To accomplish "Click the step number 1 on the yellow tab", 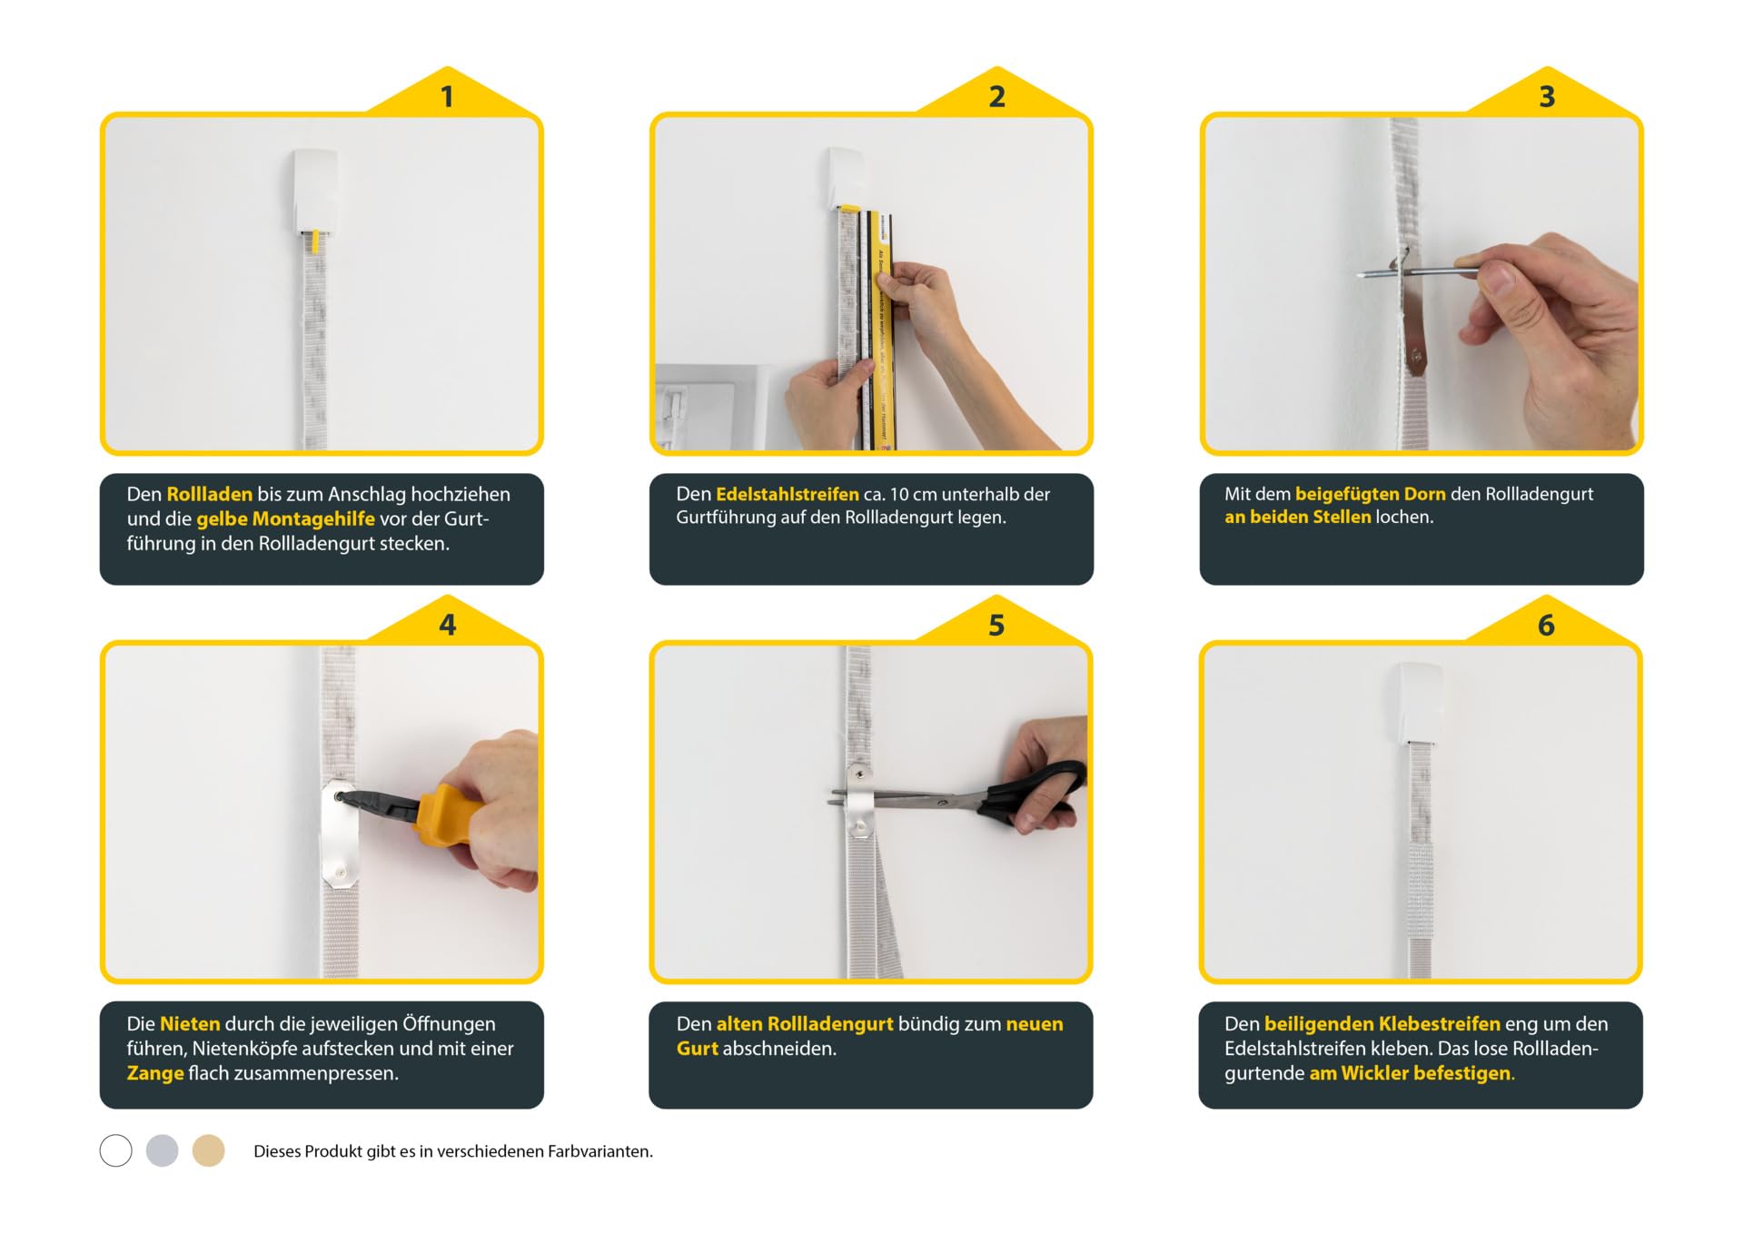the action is pos(447,97).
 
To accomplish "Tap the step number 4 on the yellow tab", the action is pos(448,626).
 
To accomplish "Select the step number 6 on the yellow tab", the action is pos(1546,626).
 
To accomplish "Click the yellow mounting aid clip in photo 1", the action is pos(314,242).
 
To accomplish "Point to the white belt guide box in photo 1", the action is pos(315,192).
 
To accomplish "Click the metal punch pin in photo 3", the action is pos(1418,271).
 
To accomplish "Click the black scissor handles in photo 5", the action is pos(1035,793).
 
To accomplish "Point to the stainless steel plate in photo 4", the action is pos(340,834).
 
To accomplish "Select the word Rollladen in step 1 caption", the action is pos(210,494).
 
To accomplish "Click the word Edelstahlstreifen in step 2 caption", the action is pos(788,494).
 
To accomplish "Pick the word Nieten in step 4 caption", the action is pos(190,1023).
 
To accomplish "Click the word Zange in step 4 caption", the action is pos(155,1073).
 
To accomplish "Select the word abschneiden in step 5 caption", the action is pos(779,1049).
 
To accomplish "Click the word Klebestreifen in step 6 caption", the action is pos(1440,1023).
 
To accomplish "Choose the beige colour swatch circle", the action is pos(208,1150).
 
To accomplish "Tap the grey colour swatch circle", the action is pos(163,1150).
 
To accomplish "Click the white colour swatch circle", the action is pos(115,1150).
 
